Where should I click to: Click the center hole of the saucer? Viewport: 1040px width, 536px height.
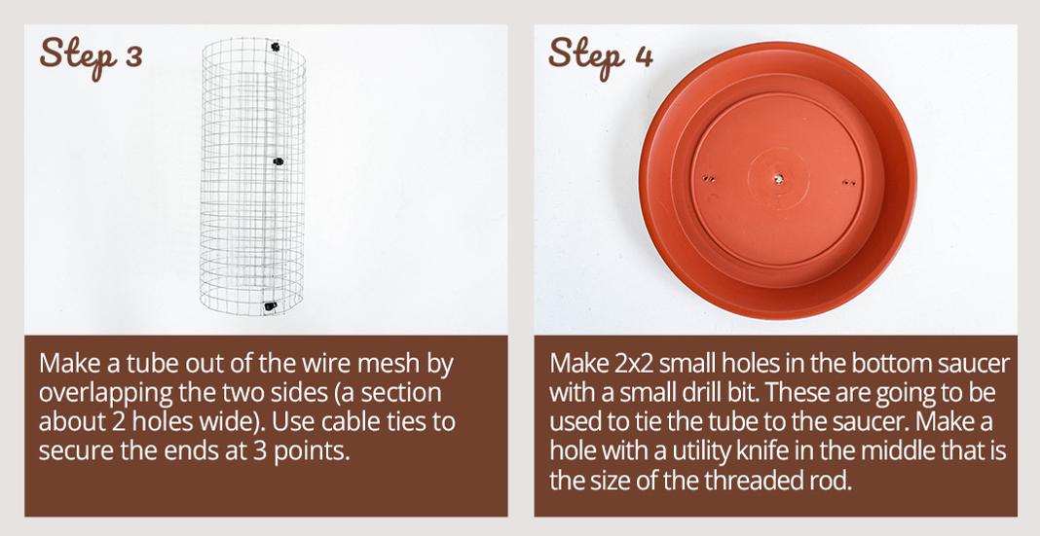pos(776,178)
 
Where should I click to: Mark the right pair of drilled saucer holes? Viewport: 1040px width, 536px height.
pos(850,182)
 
